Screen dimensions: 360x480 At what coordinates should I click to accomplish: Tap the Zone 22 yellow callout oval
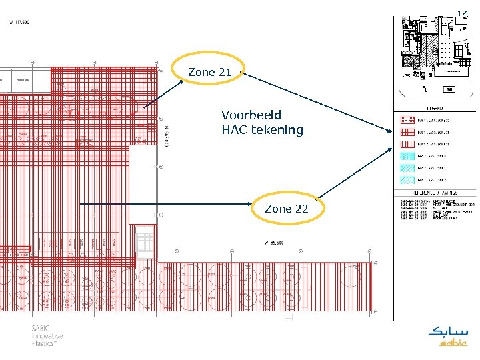286,209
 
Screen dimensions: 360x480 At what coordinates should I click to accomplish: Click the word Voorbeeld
251,115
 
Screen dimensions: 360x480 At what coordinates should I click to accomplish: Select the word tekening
277,130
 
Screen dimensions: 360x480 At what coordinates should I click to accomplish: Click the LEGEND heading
435,109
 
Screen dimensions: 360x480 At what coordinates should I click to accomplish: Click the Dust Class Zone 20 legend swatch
407,121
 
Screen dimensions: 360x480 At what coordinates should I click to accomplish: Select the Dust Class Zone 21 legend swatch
407,132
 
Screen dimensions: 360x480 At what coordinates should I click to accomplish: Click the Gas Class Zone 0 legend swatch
407,156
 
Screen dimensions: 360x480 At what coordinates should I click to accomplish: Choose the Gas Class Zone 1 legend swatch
407,168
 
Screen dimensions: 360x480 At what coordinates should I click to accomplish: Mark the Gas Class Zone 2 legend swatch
407,180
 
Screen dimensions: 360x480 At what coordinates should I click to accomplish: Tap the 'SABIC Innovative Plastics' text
49,336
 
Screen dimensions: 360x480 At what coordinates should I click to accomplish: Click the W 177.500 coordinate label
19,22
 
